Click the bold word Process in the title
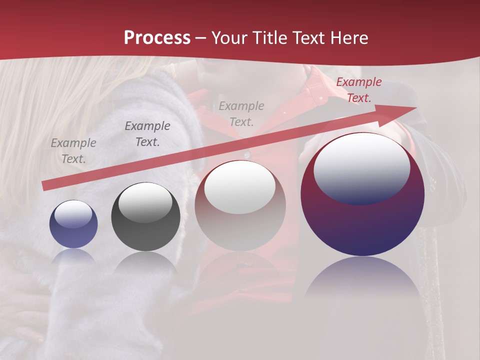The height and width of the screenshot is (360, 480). pyautogui.click(x=157, y=38)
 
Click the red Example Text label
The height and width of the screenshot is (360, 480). pyautogui.click(x=358, y=90)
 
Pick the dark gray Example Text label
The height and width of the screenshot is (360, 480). pyautogui.click(x=147, y=134)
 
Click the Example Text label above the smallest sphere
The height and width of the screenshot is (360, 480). pyautogui.click(x=73, y=150)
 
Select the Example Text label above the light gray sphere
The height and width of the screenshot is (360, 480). pyautogui.click(x=241, y=113)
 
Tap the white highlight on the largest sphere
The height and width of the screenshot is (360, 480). pyautogui.click(x=361, y=167)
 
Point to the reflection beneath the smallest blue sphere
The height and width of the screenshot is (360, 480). pyautogui.click(x=73, y=256)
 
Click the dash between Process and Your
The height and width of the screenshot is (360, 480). pyautogui.click(x=201, y=38)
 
